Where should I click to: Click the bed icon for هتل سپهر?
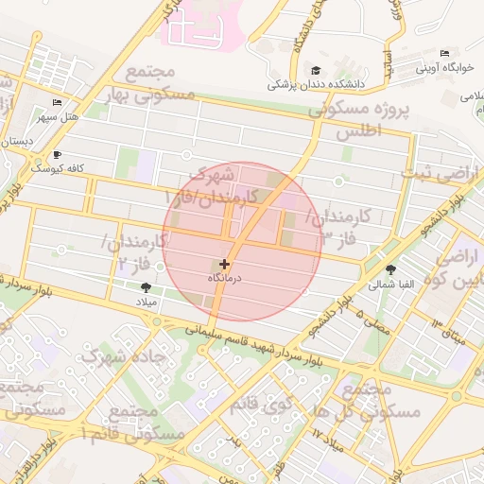[58, 102]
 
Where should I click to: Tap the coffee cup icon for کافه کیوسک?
[58, 154]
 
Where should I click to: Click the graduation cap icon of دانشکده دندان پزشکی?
[315, 71]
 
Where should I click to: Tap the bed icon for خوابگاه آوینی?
[445, 53]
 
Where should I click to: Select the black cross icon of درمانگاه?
[224, 265]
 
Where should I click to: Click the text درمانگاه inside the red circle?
[225, 280]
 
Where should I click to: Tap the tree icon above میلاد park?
[146, 287]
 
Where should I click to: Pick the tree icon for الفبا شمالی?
[390, 269]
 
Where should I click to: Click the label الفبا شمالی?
[389, 284]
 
